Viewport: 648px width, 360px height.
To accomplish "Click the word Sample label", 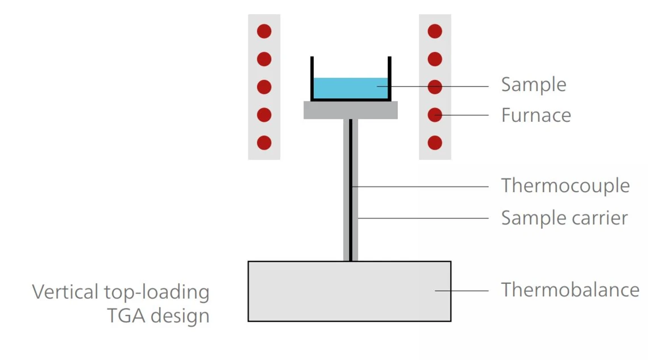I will (533, 85).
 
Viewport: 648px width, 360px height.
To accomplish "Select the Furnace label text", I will (535, 115).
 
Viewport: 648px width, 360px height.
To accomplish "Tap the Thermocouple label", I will (565, 186).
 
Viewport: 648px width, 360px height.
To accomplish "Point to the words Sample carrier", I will (564, 218).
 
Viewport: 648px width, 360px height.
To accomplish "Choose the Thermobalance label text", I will (570, 290).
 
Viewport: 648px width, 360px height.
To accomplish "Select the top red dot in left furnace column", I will (264, 31).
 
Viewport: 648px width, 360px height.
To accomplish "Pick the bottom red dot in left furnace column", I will (264, 142).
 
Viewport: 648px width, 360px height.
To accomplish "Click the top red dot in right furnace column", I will (435, 31).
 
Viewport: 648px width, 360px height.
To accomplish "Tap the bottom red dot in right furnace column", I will (435, 142).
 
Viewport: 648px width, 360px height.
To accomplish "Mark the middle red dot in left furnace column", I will (264, 87).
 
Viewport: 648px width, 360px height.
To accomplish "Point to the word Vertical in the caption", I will (64, 292).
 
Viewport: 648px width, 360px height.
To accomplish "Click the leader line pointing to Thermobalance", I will (462, 291).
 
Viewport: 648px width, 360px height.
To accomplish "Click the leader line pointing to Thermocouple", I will (421, 186).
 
